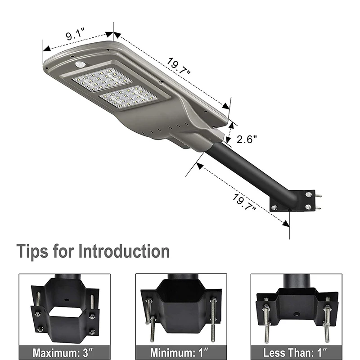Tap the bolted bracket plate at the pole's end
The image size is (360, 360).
pyautogui.click(x=293, y=201)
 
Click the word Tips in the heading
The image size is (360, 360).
pyautogui.click(x=32, y=251)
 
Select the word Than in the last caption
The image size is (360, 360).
pyautogui.click(x=301, y=351)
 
